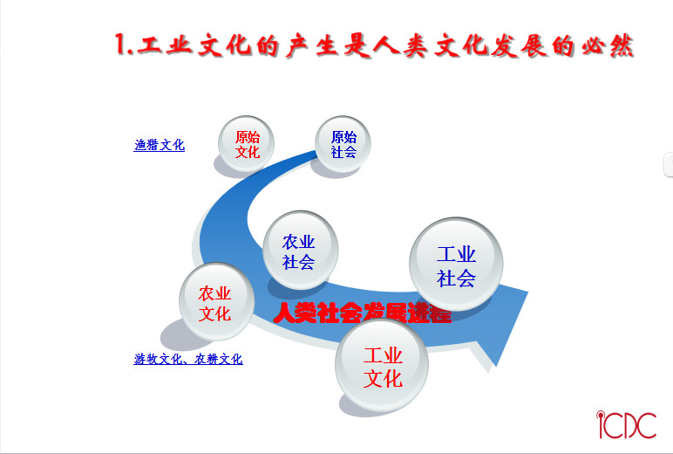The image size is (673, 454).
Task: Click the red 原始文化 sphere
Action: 246,143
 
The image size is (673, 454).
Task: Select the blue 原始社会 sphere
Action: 343,143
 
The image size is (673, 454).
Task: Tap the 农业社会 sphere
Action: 300,250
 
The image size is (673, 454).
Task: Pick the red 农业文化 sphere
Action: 216,301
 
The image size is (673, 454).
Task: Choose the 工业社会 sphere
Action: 456,264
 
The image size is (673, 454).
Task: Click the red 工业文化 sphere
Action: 382,366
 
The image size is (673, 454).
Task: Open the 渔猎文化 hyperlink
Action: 160,145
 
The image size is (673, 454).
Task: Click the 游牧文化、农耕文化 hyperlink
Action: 188,359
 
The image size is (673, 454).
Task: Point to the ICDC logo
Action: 626,424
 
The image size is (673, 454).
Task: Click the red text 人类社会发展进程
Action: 363,313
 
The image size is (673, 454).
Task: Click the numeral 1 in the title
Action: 122,45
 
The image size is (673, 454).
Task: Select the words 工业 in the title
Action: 165,45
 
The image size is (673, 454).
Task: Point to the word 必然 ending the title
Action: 608,45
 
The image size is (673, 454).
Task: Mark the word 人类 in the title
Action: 400,45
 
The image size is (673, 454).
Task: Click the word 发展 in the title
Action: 520,45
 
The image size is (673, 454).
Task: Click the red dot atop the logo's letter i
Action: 601,415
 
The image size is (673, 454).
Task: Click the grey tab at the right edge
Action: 669,164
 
